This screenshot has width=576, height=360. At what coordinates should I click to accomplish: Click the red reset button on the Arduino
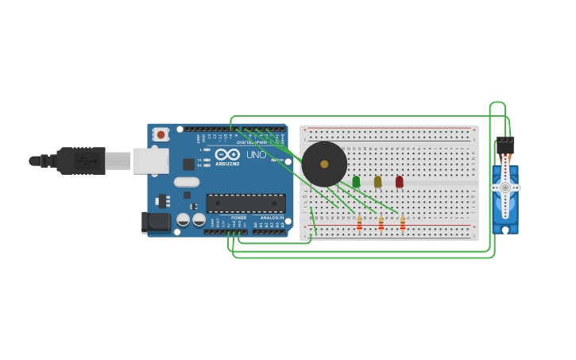point(161,135)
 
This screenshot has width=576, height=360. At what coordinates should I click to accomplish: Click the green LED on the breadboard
point(356,182)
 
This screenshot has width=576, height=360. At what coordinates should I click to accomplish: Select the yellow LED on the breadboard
point(377,182)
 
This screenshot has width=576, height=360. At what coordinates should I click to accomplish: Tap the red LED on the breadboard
point(399,182)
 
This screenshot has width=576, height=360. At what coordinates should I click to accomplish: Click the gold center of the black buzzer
point(324,165)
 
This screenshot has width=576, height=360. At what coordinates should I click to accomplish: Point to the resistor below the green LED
point(359,223)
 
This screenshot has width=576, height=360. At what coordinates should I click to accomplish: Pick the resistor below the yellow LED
point(381,223)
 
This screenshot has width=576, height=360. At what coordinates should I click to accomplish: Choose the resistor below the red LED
point(402,223)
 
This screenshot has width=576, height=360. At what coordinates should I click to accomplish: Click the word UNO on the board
point(256,154)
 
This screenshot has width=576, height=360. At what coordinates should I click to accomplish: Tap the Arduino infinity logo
point(227,154)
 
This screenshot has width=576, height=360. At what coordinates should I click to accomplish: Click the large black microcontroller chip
point(245,203)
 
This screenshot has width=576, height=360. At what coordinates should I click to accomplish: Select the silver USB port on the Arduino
point(150,161)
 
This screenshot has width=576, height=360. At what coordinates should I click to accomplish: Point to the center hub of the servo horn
point(504,188)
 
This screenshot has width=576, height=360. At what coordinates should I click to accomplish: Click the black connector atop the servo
point(504,145)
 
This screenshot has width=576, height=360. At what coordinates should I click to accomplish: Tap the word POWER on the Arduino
point(238,218)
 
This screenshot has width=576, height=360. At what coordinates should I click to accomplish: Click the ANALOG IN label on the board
point(272,218)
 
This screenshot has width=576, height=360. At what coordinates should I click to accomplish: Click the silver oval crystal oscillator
point(187,182)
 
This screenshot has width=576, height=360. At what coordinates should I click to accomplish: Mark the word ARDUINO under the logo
point(227,164)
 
